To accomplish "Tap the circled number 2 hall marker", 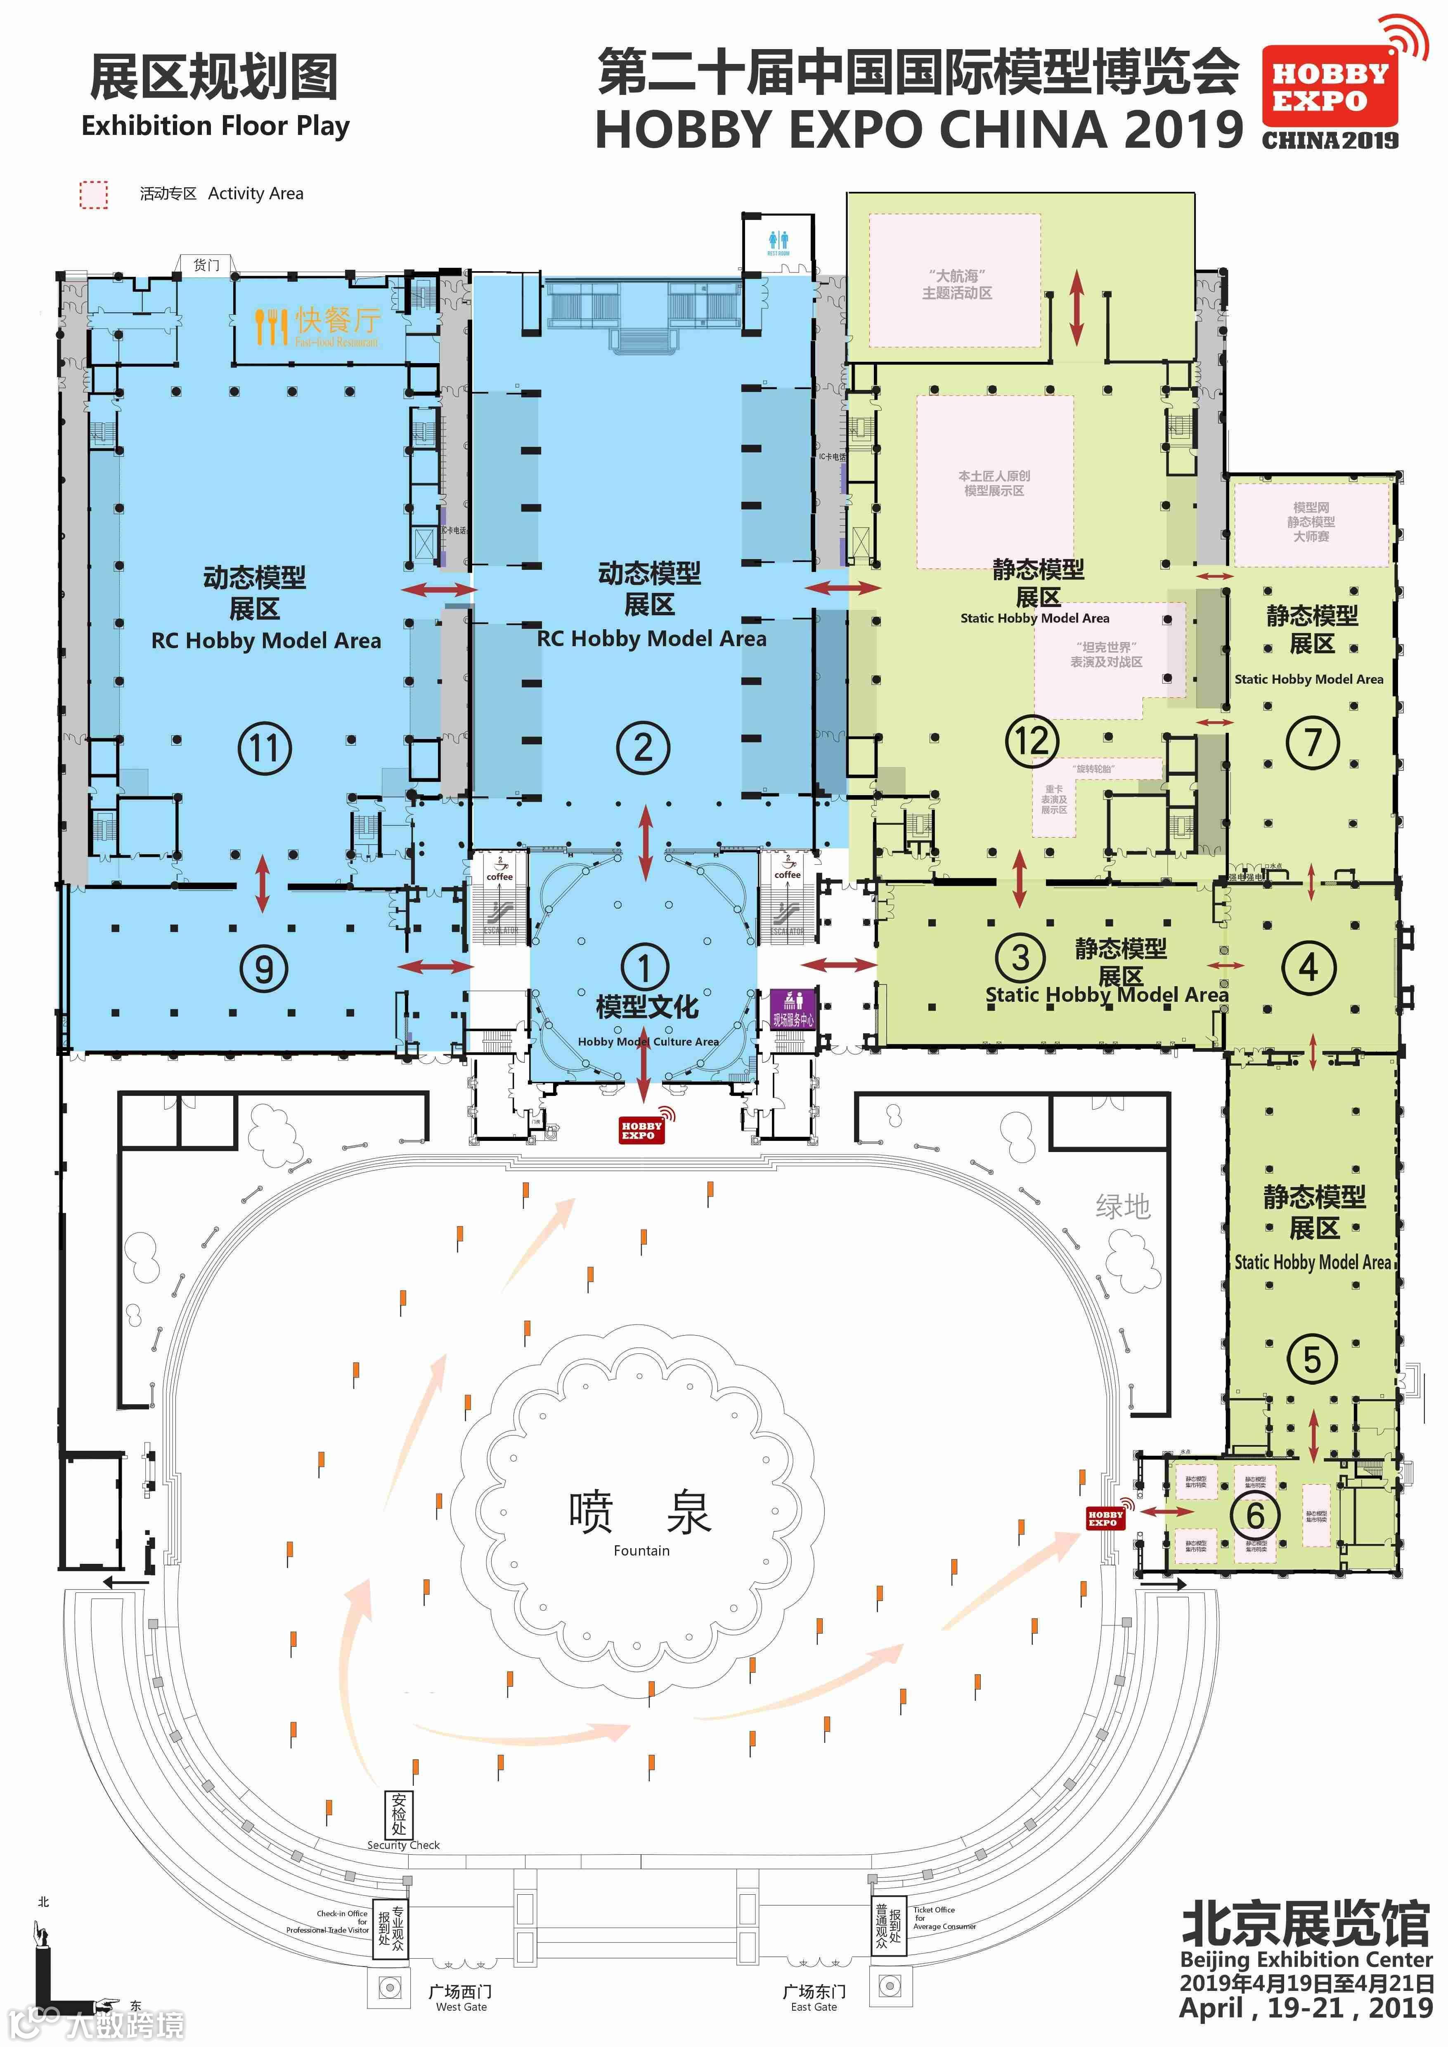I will point(643,747).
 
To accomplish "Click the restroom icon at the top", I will point(778,241).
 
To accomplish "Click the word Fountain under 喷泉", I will point(641,1550).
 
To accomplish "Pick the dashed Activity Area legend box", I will point(94,194).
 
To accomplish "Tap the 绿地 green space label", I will point(1123,1207).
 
